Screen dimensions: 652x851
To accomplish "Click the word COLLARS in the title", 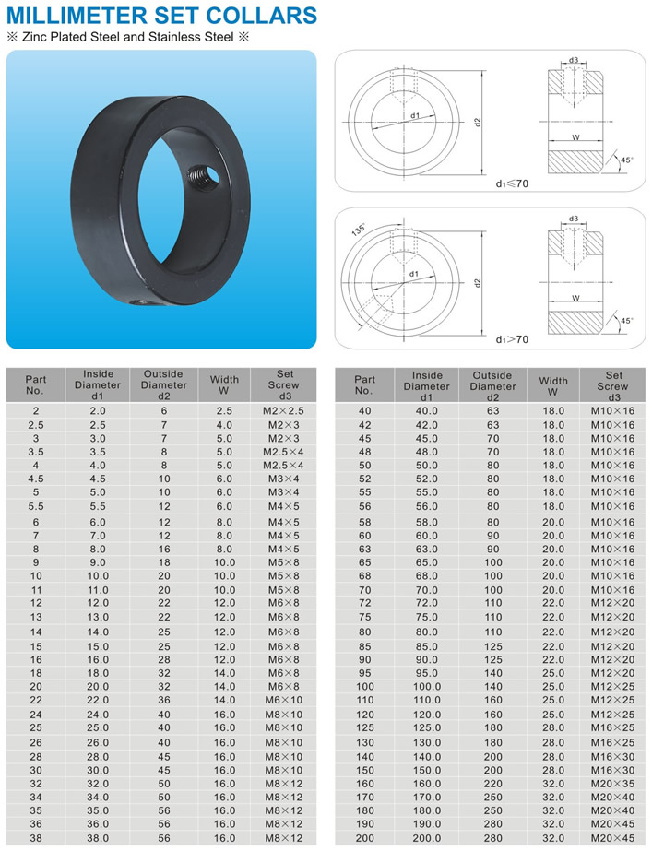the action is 262,15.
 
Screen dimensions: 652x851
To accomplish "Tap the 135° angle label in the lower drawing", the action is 359,230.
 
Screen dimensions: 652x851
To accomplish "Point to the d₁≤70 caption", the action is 512,183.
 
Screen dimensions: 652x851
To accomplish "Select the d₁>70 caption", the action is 512,339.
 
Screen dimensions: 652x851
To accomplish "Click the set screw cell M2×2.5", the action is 283,411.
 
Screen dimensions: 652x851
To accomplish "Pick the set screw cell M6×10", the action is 283,700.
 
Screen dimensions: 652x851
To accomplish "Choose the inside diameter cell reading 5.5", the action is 98,506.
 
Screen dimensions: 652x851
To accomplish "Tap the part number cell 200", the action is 365,838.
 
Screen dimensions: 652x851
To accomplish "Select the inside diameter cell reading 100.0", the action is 427,687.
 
